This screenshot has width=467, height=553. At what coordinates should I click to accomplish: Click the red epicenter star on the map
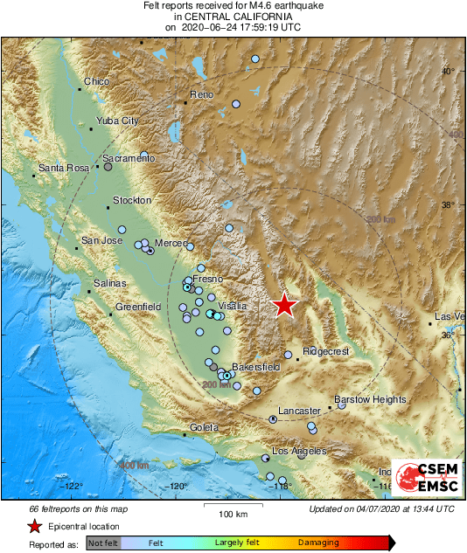[x=285, y=305]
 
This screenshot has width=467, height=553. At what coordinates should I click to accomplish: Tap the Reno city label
[x=201, y=94]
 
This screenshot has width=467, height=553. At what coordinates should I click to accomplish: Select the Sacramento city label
[x=129, y=158]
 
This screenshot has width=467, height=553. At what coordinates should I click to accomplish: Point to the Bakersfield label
[x=256, y=368]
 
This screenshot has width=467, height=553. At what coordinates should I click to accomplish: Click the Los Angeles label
[x=299, y=451]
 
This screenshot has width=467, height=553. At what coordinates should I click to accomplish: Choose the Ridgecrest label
[x=325, y=351]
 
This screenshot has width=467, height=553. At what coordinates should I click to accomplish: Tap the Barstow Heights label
[x=370, y=399]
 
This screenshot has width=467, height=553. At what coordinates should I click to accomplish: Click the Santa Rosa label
[x=65, y=168]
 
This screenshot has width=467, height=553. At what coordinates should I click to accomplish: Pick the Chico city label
[x=96, y=82]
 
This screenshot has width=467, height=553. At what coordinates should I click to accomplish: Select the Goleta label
[x=203, y=427]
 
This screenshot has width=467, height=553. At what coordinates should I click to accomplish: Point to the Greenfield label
[x=138, y=307]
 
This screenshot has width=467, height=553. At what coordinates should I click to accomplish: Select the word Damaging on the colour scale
[x=318, y=543]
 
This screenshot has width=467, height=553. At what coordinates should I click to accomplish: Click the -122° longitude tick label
[x=73, y=487]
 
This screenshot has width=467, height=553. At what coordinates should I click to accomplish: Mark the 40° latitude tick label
[x=448, y=72]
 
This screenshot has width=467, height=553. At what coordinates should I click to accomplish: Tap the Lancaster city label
[x=300, y=411]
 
